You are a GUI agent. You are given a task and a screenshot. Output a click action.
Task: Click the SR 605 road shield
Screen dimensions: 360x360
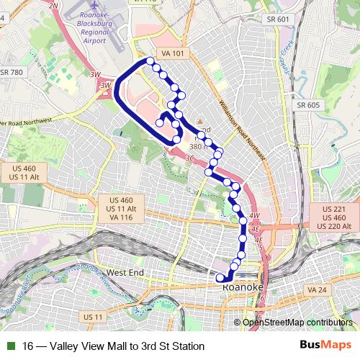(307, 105)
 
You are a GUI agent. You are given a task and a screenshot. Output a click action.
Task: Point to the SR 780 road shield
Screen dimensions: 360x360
(12, 72)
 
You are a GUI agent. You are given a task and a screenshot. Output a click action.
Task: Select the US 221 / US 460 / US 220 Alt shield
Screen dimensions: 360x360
(336, 217)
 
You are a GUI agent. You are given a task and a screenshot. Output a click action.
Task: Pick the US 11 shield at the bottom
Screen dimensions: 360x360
(94, 317)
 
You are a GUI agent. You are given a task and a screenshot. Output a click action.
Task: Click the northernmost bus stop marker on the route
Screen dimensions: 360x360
(150, 61)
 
